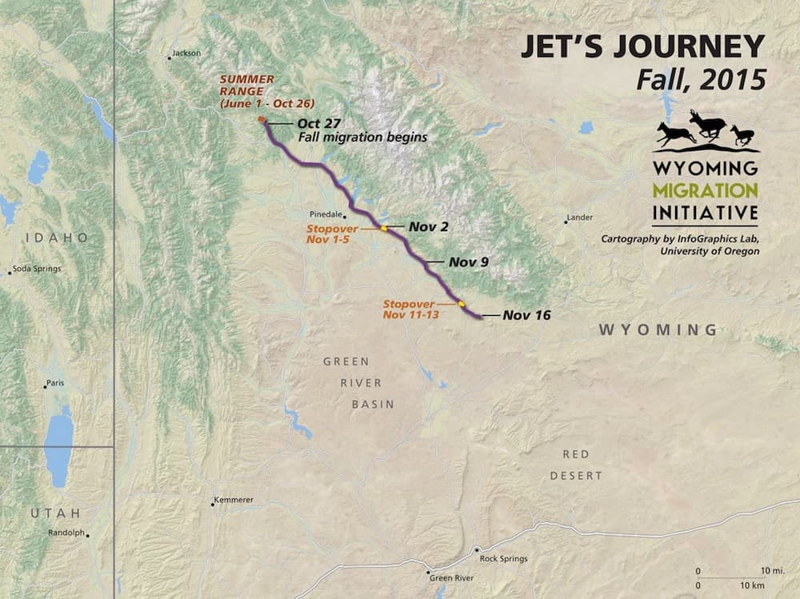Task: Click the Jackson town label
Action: (x=186, y=54)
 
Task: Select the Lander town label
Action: (x=579, y=218)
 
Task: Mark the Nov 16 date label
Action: (x=526, y=315)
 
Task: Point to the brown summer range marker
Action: (x=262, y=121)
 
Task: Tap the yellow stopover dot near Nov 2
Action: (x=384, y=228)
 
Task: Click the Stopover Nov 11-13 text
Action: (x=408, y=309)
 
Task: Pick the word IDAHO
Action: (x=56, y=238)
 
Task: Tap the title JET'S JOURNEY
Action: (x=642, y=47)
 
